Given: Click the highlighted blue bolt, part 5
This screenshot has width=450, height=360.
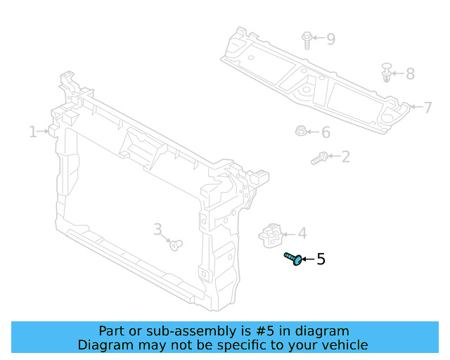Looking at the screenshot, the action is click(x=293, y=259).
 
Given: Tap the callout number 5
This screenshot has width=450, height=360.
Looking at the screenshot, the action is click(x=321, y=259).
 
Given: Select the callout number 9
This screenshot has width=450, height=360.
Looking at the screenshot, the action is click(x=331, y=39).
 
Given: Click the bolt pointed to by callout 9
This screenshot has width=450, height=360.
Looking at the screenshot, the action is click(x=307, y=40).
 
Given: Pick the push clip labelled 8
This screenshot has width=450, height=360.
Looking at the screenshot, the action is click(x=387, y=72).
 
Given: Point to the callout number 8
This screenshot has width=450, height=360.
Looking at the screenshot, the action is click(x=411, y=74).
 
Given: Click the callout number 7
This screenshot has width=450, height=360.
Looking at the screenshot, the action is click(x=427, y=108).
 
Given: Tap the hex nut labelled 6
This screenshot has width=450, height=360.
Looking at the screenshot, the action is click(x=301, y=131).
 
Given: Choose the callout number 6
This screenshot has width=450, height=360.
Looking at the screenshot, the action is click(x=326, y=132).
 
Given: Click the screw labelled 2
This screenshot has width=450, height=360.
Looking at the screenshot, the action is click(x=319, y=158).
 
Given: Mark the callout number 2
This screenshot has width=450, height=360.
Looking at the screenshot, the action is click(x=345, y=157).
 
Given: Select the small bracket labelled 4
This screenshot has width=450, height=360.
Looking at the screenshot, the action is click(x=271, y=236).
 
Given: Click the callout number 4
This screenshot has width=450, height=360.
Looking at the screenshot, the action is click(x=302, y=233).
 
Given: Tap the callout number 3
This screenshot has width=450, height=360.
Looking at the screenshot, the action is click(x=157, y=230).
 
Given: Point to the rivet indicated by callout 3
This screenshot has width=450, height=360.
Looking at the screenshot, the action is click(x=176, y=245).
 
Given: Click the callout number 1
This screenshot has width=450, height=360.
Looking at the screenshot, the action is click(x=33, y=131).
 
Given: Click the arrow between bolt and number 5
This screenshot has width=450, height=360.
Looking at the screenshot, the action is click(x=308, y=259).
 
